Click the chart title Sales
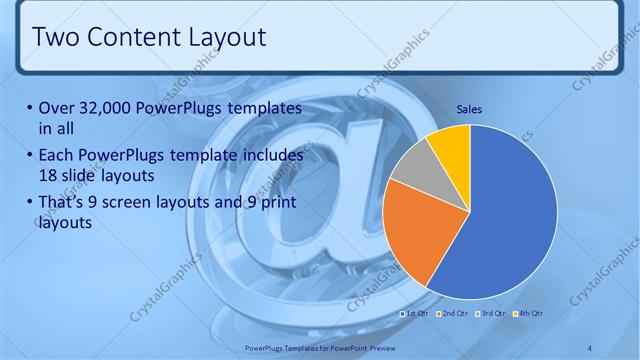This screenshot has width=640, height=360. point(469,108)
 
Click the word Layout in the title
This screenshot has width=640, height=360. point(227,38)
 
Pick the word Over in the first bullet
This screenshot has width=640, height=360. point(57,108)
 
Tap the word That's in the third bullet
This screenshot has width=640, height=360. point(63,204)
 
